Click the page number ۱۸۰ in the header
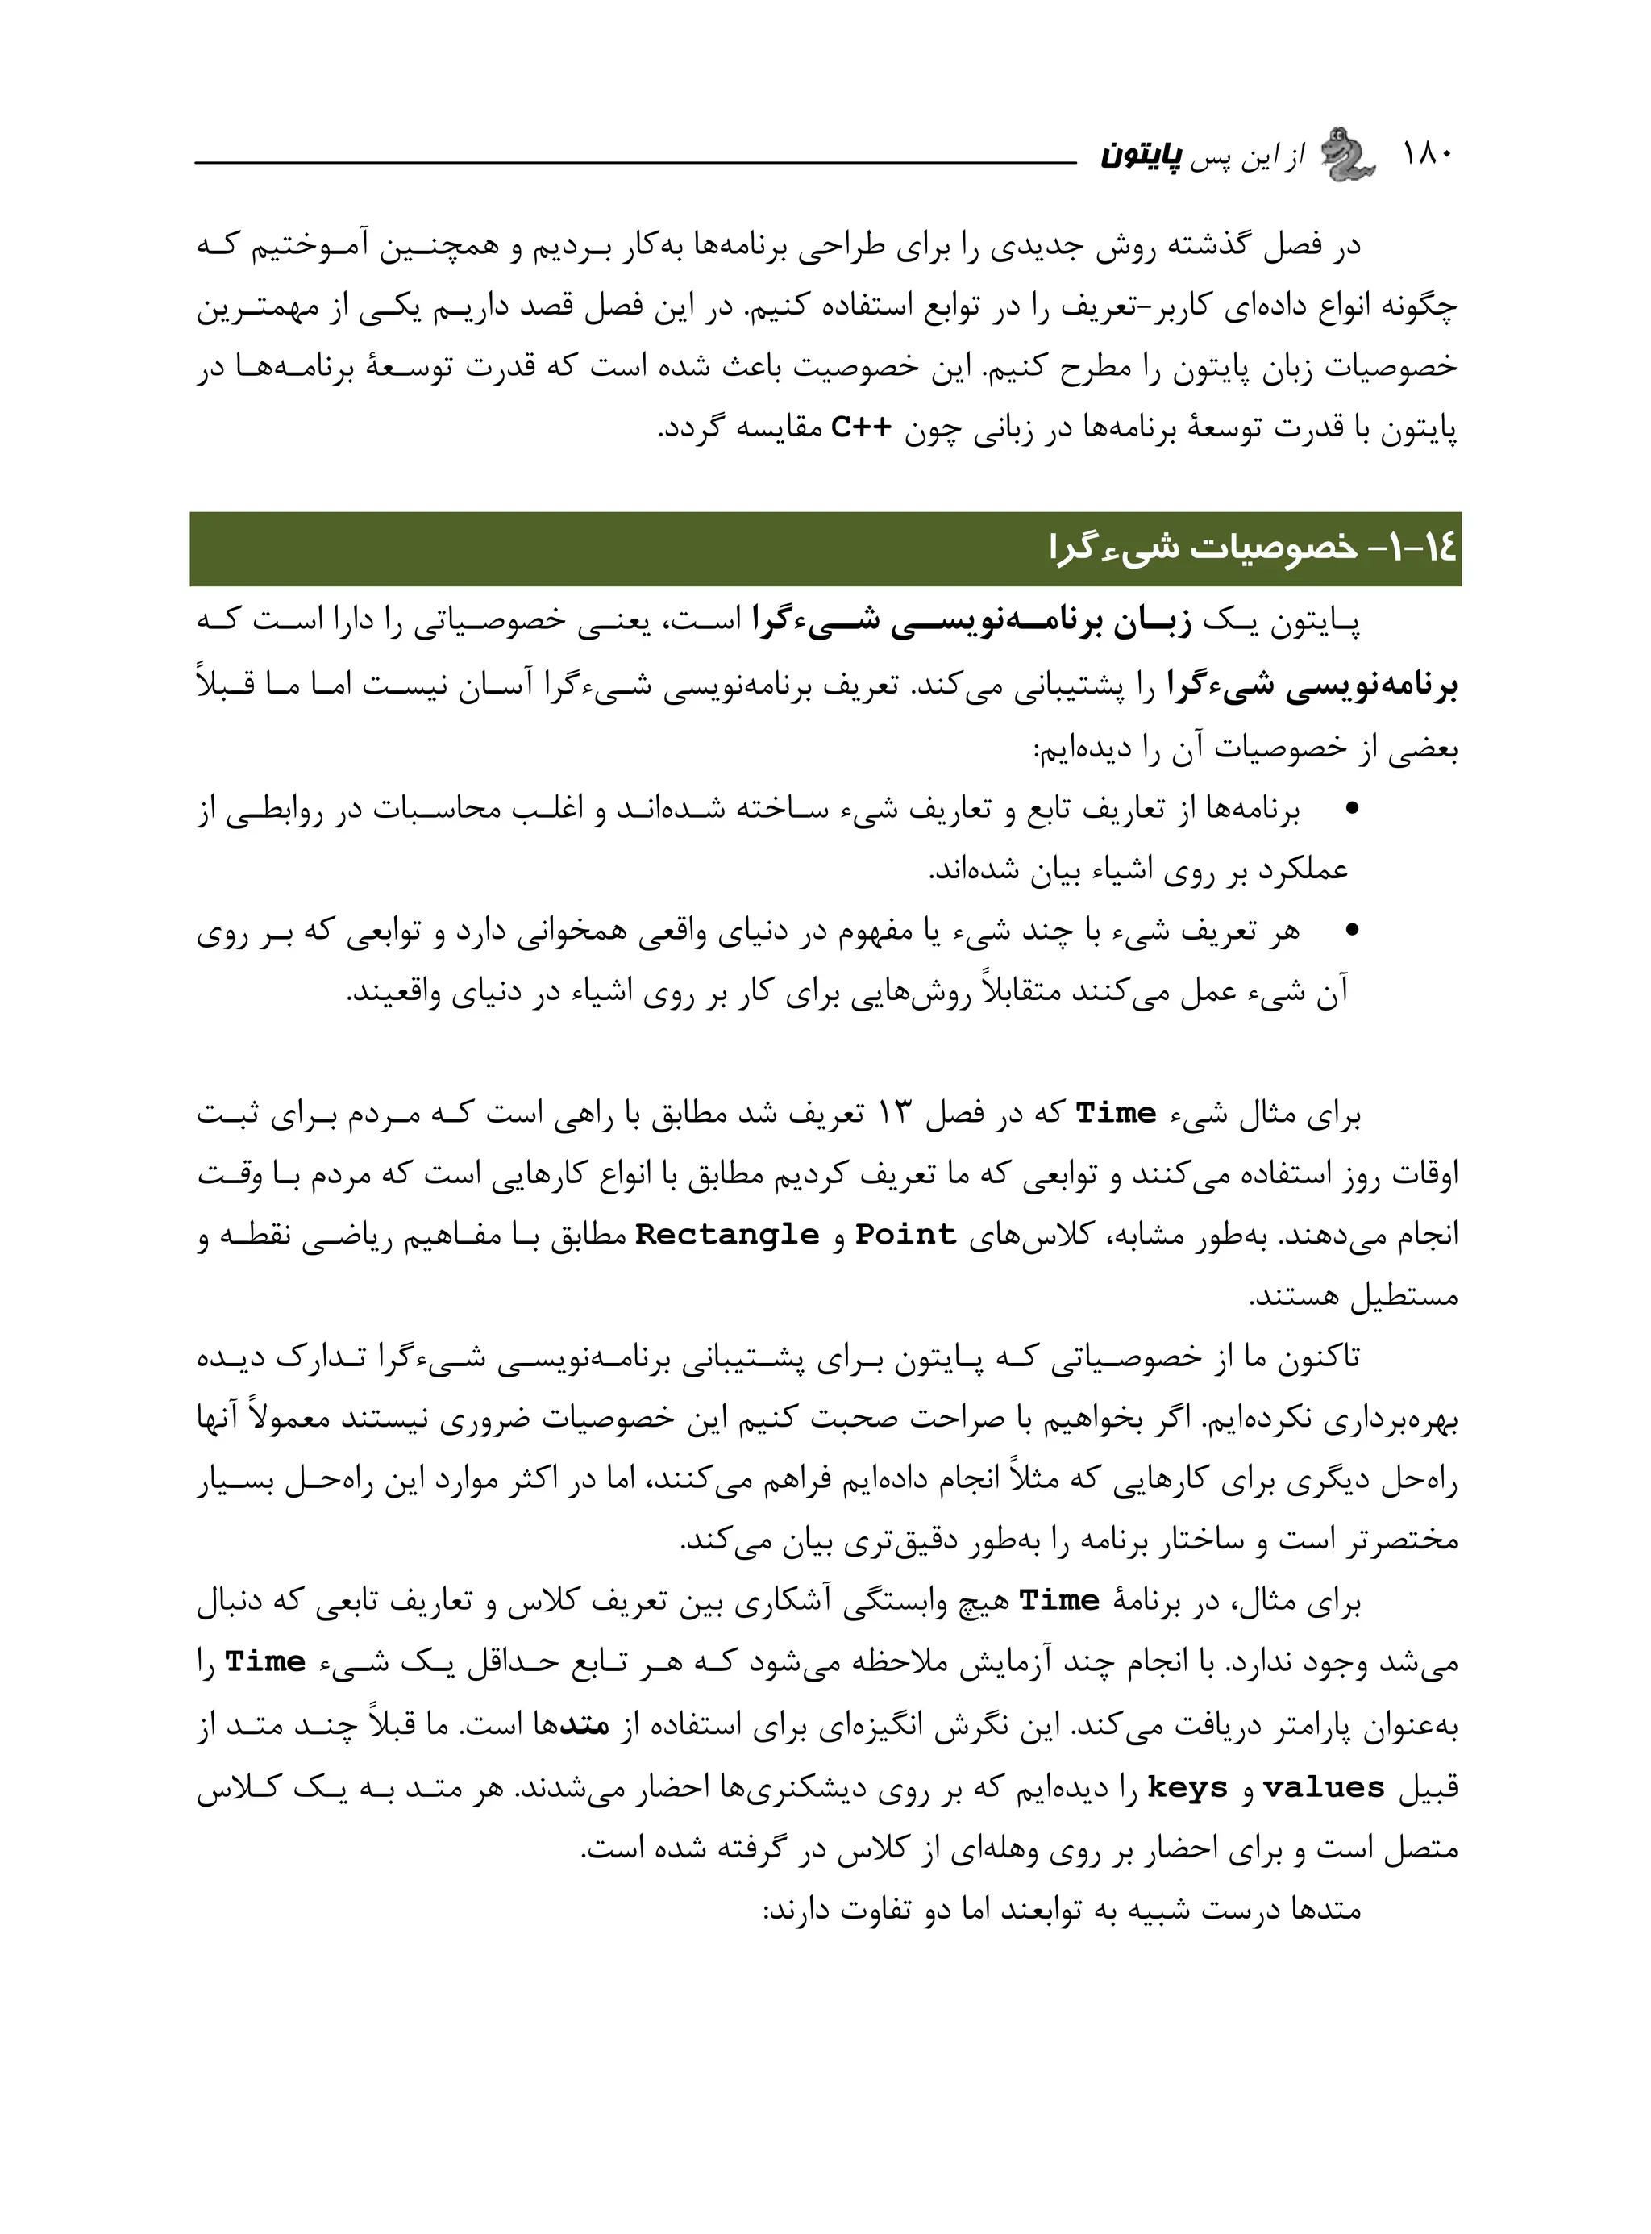pos(1429,154)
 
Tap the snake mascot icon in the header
pos(1346,155)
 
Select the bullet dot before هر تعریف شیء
pos(1354,931)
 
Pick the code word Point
pos(905,1236)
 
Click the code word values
pos(1325,1787)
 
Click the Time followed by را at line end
pos(265,1662)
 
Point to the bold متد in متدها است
pos(585,1725)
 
